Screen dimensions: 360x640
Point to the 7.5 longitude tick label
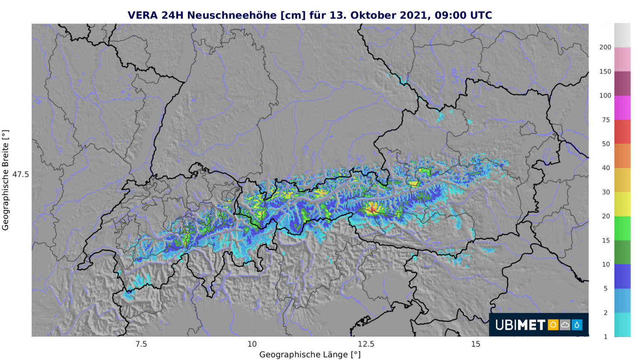[x=141, y=344]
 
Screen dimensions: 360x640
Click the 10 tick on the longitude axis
[x=252, y=344]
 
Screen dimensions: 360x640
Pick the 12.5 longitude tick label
[x=366, y=344]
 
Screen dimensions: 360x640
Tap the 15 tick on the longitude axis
[x=476, y=344]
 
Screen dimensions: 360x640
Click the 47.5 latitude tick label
[x=20, y=174]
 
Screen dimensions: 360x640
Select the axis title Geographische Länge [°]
[x=310, y=354]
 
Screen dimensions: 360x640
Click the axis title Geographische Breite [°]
[x=6, y=180]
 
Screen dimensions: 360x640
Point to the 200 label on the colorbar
[x=605, y=47]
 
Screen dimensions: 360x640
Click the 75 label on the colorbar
[x=605, y=120]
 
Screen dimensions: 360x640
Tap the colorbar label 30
[x=605, y=192]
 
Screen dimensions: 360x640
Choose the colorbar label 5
[x=605, y=288]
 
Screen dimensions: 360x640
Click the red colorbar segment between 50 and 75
[x=622, y=132]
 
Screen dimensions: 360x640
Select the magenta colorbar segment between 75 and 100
[x=622, y=107]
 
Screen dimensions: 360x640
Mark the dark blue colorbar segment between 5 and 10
[x=622, y=276]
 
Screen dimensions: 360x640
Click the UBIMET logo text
[x=520, y=325]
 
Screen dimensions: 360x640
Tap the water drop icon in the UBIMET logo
[x=577, y=325]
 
